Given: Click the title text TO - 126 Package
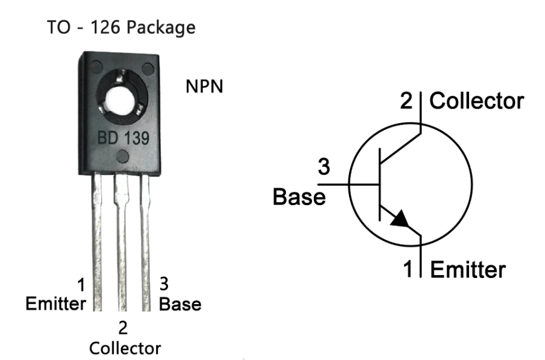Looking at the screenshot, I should click(x=121, y=28).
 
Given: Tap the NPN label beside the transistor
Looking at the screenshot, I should click(x=204, y=87).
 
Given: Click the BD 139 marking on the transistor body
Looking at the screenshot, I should click(x=124, y=138).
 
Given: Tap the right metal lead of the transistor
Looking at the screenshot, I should click(x=146, y=243).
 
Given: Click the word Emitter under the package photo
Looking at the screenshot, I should click(x=55, y=303).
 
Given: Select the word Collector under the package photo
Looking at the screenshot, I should click(x=124, y=348).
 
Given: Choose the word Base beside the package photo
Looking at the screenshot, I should click(x=180, y=303).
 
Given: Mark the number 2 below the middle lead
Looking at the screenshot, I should click(x=123, y=328).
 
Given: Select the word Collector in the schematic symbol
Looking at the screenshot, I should click(x=476, y=101).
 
